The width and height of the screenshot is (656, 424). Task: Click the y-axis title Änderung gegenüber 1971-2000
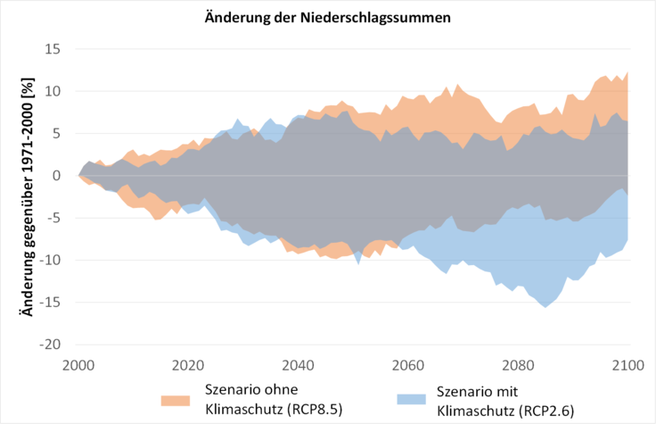pos(28,196)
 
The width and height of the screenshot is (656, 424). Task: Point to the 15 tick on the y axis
pos(52,49)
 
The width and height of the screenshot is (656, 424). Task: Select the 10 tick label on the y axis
pos(52,91)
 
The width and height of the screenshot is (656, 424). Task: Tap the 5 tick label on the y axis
pos(55,134)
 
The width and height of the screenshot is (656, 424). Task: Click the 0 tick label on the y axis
pos(55,176)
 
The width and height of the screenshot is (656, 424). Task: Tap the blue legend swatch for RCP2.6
pos(412,398)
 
